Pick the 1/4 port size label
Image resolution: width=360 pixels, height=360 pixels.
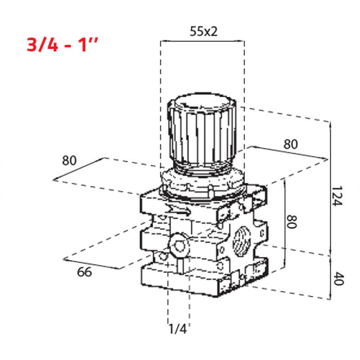177,329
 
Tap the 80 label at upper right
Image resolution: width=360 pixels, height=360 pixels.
291,144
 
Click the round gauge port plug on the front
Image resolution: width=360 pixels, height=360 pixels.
178,247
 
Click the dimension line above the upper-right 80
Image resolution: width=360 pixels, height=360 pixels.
288,152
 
